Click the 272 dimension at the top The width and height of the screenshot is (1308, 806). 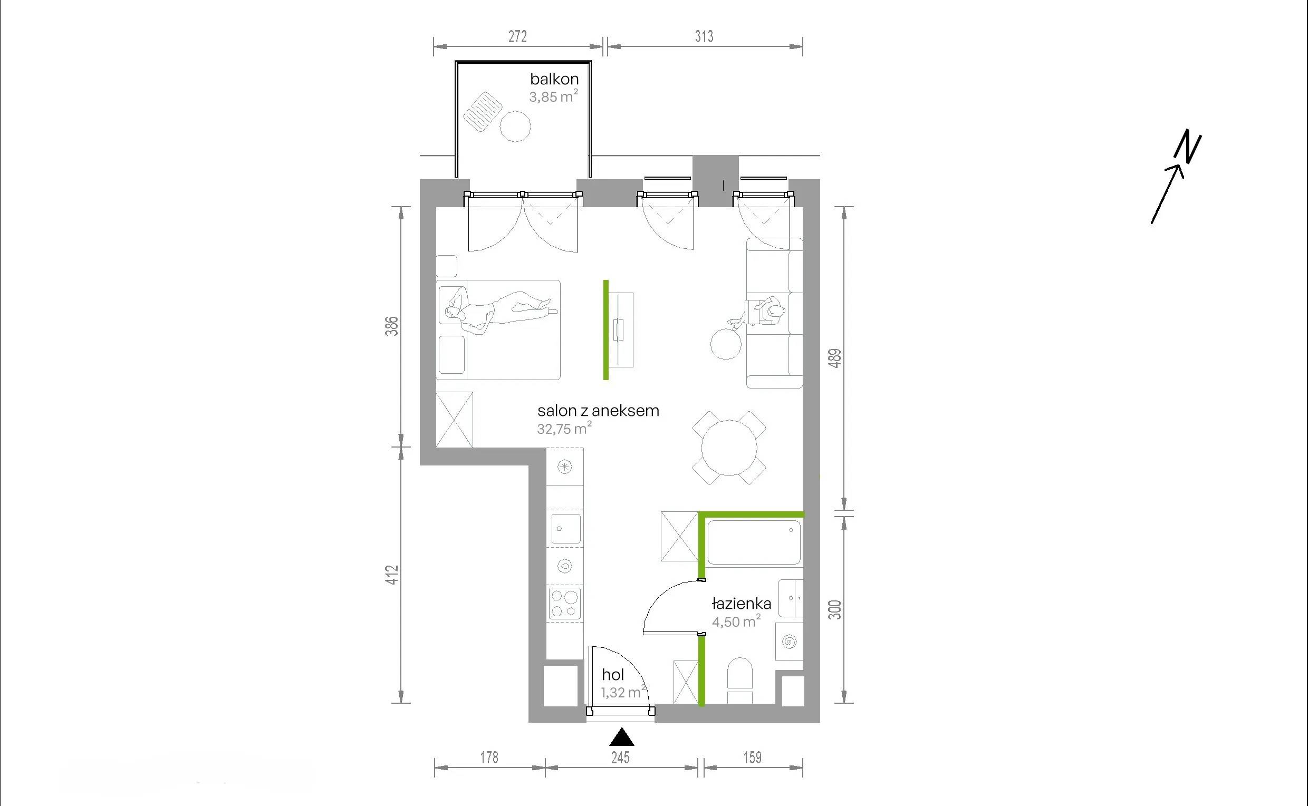pyautogui.click(x=517, y=36)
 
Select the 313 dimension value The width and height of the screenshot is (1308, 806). pyautogui.click(x=704, y=36)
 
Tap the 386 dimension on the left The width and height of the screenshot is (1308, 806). pyautogui.click(x=392, y=326)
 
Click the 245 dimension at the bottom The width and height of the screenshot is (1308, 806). pyautogui.click(x=621, y=757)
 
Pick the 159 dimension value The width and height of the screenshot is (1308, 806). pyautogui.click(x=753, y=757)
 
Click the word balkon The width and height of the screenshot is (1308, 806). pyautogui.click(x=554, y=79)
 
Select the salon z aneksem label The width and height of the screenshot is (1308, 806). pyautogui.click(x=598, y=411)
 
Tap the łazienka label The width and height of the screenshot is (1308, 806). pyautogui.click(x=741, y=604)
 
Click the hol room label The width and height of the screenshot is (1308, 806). pyautogui.click(x=613, y=674)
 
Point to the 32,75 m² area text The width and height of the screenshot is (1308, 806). pyautogui.click(x=564, y=428)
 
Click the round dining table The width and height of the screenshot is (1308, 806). pyautogui.click(x=729, y=447)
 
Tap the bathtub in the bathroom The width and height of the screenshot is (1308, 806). pyautogui.click(x=754, y=542)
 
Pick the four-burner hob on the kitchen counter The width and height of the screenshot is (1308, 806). pyautogui.click(x=565, y=604)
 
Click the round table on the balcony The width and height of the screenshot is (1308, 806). pyautogui.click(x=515, y=126)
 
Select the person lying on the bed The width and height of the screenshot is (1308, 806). pyautogui.click(x=501, y=312)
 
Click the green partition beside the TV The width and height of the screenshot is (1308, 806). pyautogui.click(x=606, y=330)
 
